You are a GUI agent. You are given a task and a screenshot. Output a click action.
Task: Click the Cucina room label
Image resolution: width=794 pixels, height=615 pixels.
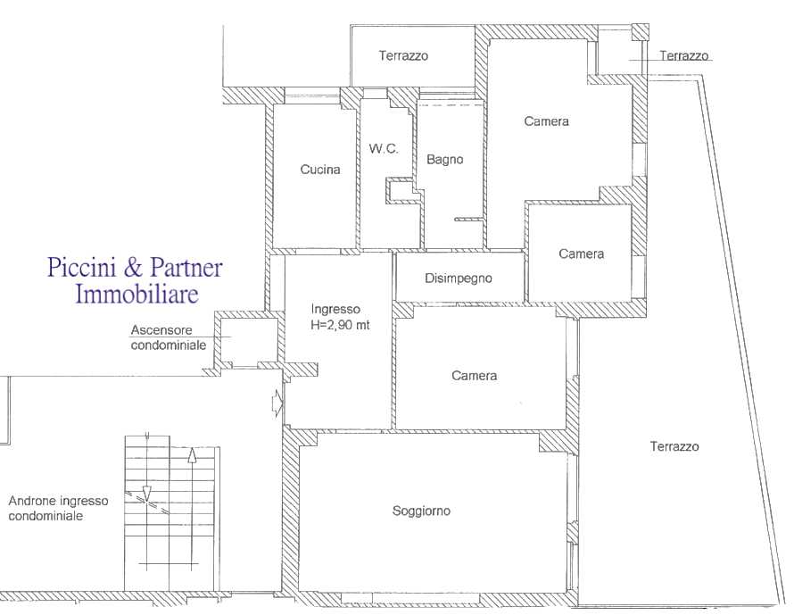pos(320,170)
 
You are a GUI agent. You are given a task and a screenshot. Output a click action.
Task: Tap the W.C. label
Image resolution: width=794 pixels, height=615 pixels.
pos(384,148)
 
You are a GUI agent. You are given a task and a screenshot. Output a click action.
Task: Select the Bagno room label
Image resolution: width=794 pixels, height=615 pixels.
pos(444,160)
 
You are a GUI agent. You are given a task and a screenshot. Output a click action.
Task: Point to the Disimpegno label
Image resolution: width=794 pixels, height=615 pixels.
pos(459,278)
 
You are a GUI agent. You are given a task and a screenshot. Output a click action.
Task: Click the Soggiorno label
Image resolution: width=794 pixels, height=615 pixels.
pos(421,511)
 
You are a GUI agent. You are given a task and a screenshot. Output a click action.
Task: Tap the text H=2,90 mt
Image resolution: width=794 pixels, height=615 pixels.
pos(340,325)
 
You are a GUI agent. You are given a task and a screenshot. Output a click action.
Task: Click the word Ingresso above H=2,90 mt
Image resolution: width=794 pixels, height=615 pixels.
pos(335,310)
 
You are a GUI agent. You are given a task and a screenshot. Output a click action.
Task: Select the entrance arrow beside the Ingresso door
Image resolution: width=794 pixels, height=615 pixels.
pos(277,403)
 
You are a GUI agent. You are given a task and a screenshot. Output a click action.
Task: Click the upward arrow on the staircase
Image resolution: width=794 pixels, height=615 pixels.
pos(192,507)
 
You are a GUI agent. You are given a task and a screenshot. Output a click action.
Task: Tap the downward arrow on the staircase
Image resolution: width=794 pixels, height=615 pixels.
pos(147,466)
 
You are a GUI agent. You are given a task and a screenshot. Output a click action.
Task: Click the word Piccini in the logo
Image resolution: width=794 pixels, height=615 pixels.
pos(86,267)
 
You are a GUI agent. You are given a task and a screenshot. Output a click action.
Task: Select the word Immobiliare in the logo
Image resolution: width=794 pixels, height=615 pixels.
pos(136,294)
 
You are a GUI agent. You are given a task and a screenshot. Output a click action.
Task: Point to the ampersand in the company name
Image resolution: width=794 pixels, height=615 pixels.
pos(134,268)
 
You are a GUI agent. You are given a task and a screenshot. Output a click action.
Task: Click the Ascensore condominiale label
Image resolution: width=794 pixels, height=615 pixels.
pos(169,337)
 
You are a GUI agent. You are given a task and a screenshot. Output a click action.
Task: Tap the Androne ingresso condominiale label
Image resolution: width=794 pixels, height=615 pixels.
pos(58,508)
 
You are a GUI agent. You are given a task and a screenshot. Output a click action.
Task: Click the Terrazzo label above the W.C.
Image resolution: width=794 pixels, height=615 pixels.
pos(403,55)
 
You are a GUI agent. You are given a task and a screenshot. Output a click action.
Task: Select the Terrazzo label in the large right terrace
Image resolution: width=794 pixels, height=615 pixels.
pos(674,446)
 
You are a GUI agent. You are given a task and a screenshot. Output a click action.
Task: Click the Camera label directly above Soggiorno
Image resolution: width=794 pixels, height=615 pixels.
pos(474,376)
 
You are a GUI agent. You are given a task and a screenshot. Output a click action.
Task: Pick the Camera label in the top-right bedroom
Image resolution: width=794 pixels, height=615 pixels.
pos(546,121)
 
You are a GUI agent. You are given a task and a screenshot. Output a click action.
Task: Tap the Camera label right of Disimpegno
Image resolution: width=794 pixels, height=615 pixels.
pos(582,253)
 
